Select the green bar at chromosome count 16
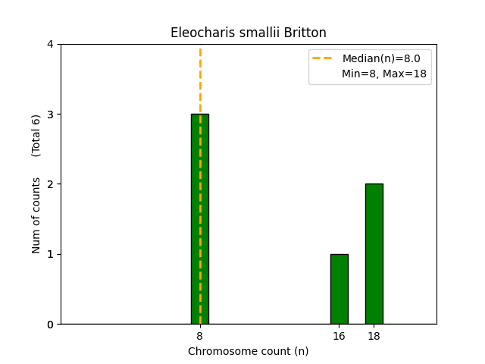click(339, 289)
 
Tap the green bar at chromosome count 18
click(374, 253)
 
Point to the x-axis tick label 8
click(199, 336)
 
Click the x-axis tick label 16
click(339, 336)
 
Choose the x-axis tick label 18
click(374, 336)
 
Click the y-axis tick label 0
click(51, 325)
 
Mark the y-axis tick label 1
click(51, 254)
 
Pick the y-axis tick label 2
click(51, 184)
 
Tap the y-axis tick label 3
click(51, 115)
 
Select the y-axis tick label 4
click(51, 45)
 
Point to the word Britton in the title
click(305, 33)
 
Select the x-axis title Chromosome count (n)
click(248, 351)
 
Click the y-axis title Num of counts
click(36, 215)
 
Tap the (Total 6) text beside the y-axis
click(36, 136)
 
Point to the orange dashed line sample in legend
click(324, 58)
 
